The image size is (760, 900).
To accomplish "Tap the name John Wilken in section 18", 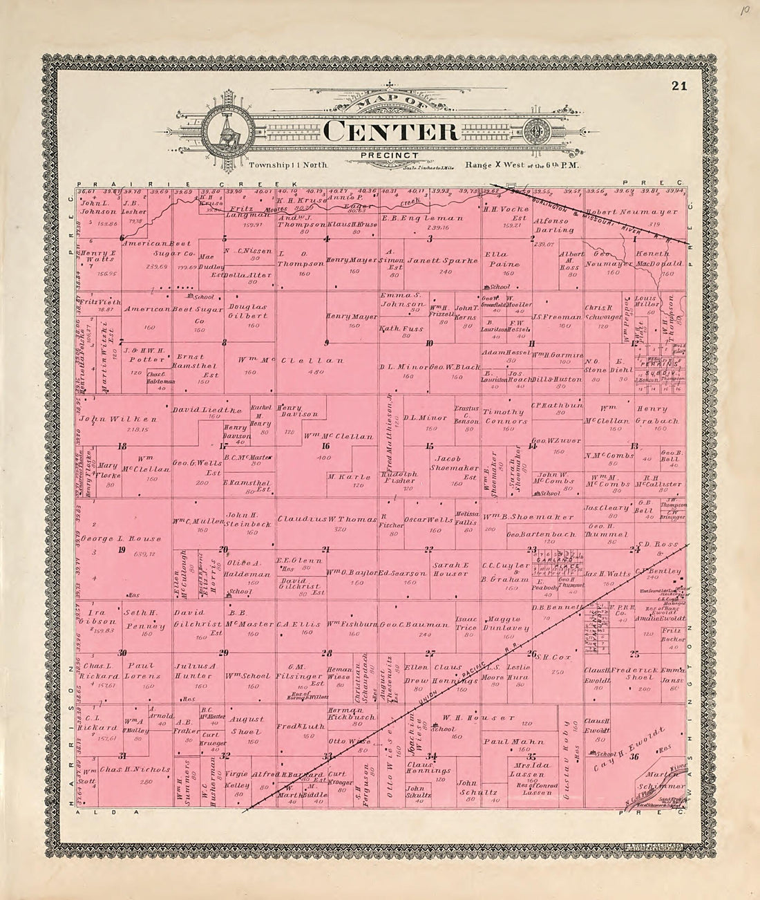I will (x=119, y=419).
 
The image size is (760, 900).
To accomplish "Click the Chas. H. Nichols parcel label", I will (x=135, y=769).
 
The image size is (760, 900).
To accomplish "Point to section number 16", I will (x=326, y=446).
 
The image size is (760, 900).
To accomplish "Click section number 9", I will (x=326, y=343).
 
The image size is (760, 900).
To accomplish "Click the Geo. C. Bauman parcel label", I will (x=406, y=624).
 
